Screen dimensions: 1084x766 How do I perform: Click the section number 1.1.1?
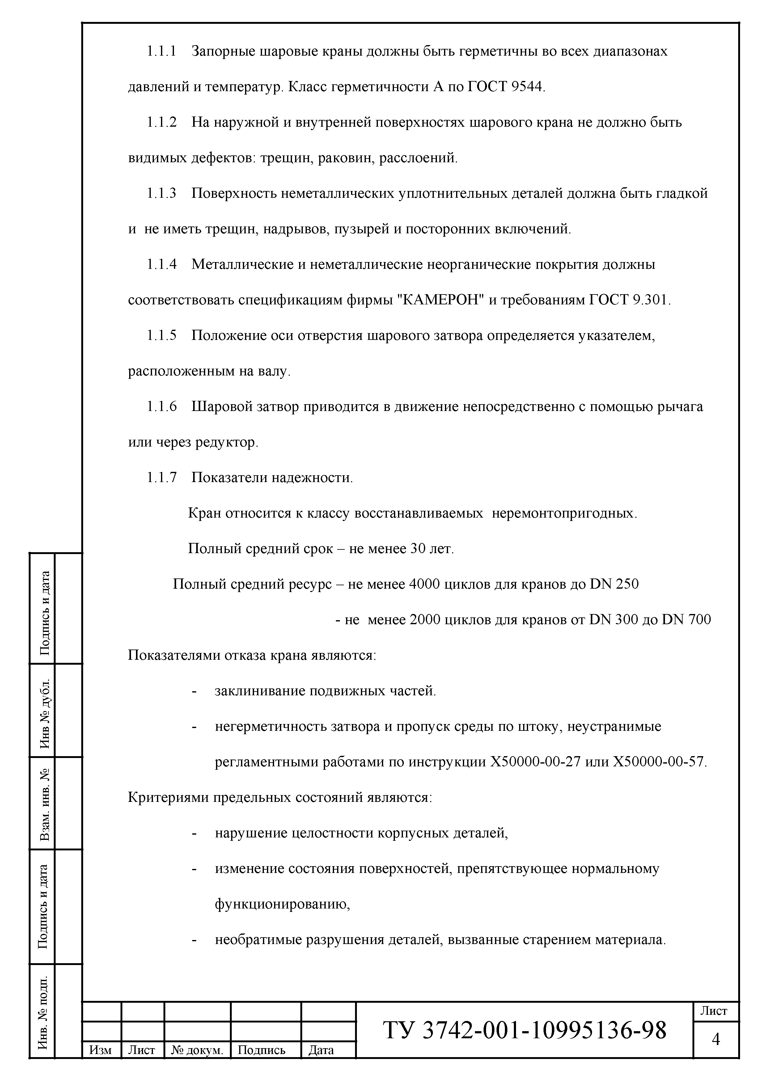[161, 52]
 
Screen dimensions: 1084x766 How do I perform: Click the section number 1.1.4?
[161, 265]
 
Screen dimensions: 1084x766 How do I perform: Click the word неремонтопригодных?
[564, 513]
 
